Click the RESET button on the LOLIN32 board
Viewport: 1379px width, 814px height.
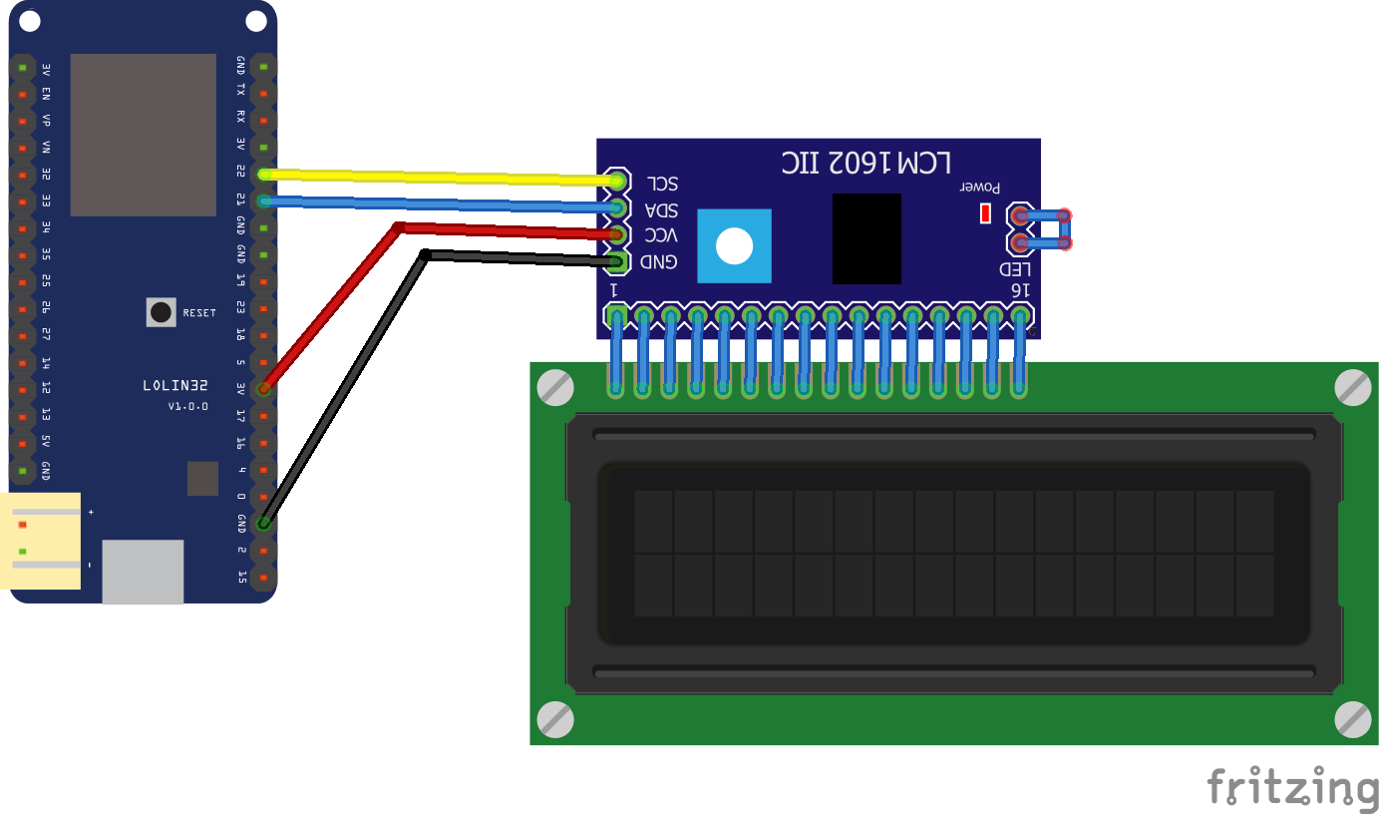161,312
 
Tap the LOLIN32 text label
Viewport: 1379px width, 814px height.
175,385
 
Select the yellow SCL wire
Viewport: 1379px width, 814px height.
439,178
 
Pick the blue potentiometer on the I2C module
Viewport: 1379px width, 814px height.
734,245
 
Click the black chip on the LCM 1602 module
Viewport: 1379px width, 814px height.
866,238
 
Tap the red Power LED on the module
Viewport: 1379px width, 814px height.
985,212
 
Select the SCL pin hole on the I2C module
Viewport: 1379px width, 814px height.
617,181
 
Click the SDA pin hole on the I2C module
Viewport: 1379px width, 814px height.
617,207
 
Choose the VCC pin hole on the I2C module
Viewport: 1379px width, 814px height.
617,235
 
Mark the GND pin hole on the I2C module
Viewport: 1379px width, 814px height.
617,262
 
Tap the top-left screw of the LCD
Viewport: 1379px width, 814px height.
554,387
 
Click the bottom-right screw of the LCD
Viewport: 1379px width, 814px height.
1352,718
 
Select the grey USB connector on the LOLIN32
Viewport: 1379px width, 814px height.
143,572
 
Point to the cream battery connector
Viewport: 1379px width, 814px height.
42,541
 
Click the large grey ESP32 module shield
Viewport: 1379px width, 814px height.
143,135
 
